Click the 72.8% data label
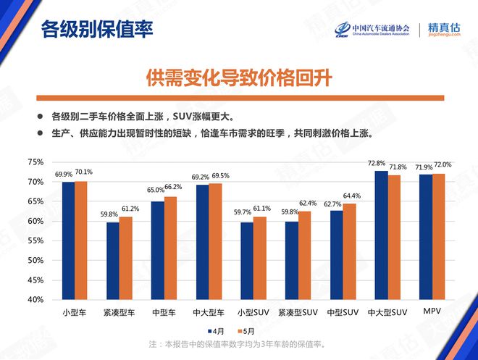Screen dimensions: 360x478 pos(377,164)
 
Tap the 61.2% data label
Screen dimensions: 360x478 pos(130,209)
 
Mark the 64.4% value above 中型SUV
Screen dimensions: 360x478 pos(351,196)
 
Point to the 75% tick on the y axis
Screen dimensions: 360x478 pos(35,162)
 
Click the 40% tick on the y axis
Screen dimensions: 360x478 pos(35,299)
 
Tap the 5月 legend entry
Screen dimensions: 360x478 pos(264,330)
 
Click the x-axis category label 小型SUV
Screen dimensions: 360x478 pos(251,312)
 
